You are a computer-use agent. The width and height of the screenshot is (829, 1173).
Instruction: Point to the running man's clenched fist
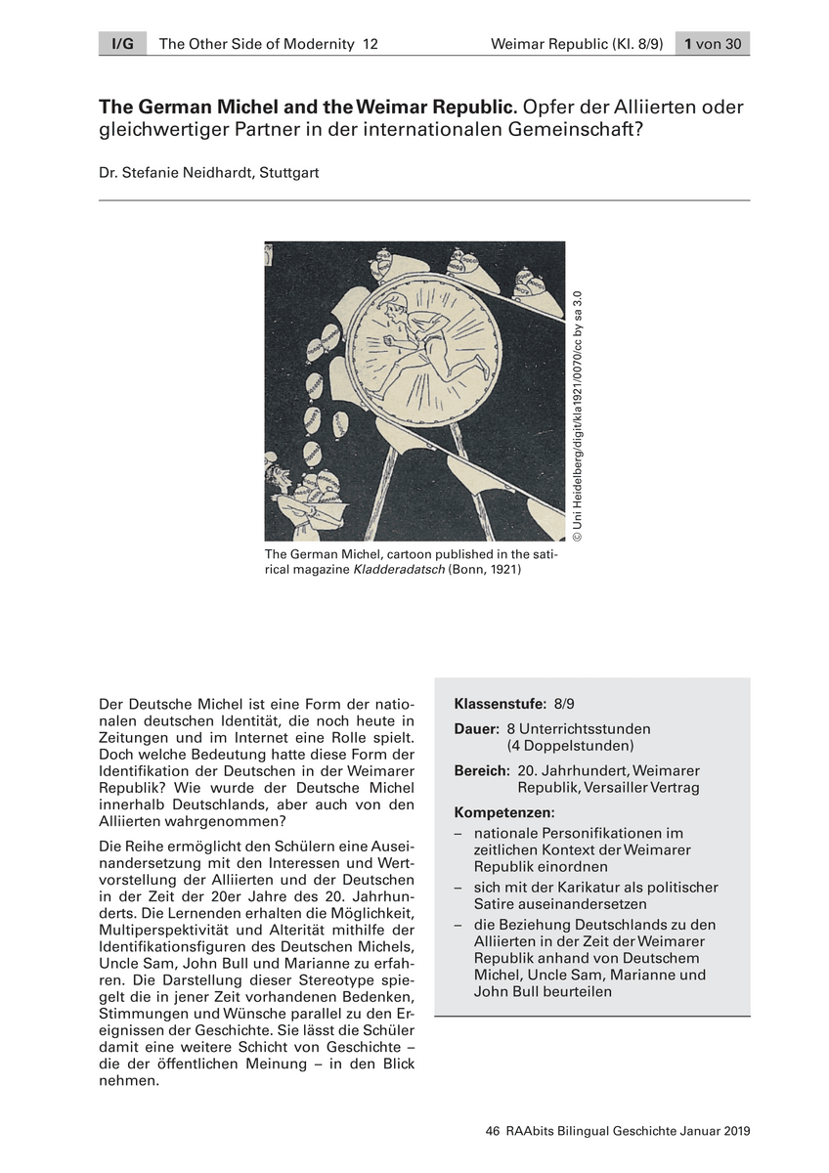pos(385,343)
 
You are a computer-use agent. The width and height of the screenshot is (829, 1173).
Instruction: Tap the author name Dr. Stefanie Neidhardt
pos(172,173)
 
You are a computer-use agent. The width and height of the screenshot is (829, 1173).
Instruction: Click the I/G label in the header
pos(122,44)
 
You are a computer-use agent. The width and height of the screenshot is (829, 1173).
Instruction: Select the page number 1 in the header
pos(689,44)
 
